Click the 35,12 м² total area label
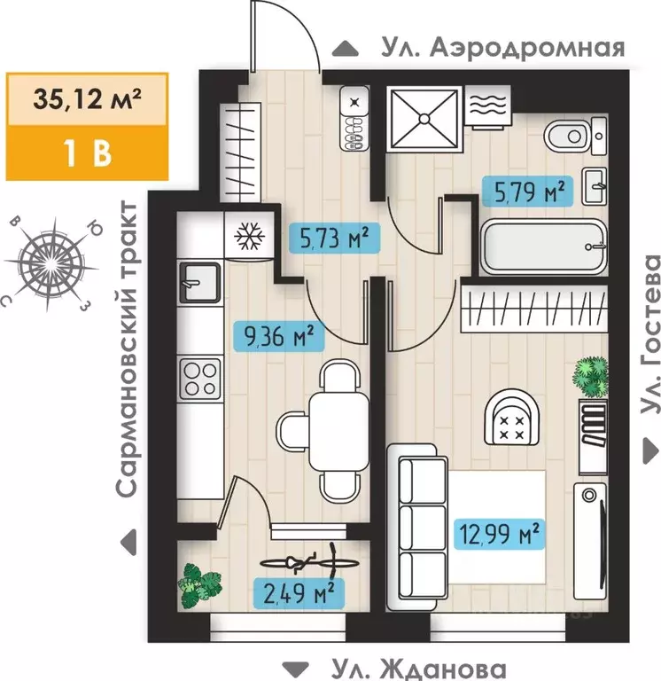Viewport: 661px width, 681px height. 76,97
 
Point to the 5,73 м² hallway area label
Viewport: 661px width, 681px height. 328,237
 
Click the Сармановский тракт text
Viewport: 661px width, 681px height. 128,348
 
